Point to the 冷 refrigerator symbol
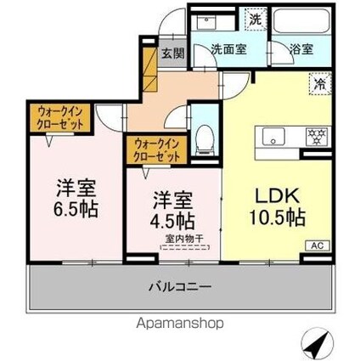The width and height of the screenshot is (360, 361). click(x=319, y=85)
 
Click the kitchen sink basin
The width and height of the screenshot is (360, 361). click(x=276, y=133)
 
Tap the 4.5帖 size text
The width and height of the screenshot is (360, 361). click(x=172, y=224)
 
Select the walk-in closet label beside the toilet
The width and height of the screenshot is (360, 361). click(x=156, y=150)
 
